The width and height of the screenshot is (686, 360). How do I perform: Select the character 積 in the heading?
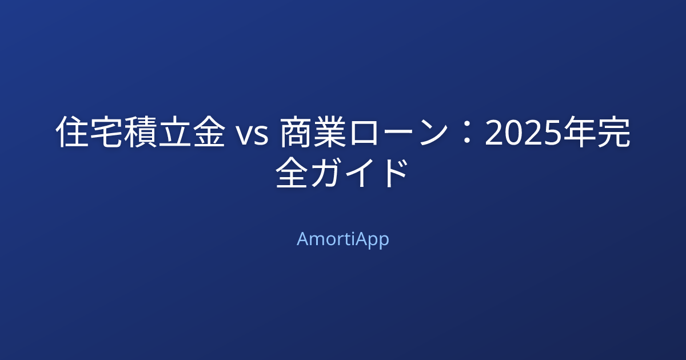point(140,133)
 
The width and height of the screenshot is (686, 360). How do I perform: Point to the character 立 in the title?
point(174,133)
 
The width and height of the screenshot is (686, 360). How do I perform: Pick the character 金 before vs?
point(208,133)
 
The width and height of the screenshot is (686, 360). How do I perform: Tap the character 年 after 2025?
point(580,133)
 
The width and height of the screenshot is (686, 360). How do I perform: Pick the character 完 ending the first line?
point(613,133)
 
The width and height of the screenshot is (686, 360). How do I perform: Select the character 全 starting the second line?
point(292,174)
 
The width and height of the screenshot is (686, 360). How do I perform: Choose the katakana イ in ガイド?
point(360,174)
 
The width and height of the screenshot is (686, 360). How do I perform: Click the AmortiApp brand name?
point(342,239)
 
